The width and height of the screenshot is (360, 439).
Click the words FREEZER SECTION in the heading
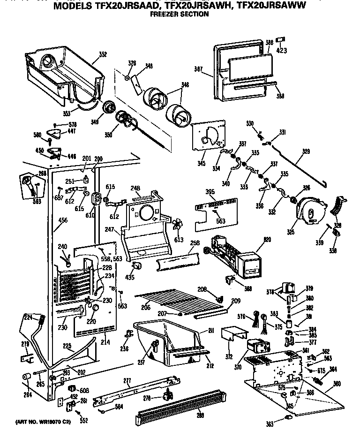(x=179, y=15)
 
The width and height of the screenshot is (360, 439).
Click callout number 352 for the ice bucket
(x=102, y=55)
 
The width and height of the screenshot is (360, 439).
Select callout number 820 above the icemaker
(x=267, y=240)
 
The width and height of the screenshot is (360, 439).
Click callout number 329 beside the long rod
(x=306, y=151)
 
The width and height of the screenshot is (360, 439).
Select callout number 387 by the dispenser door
(x=197, y=69)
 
